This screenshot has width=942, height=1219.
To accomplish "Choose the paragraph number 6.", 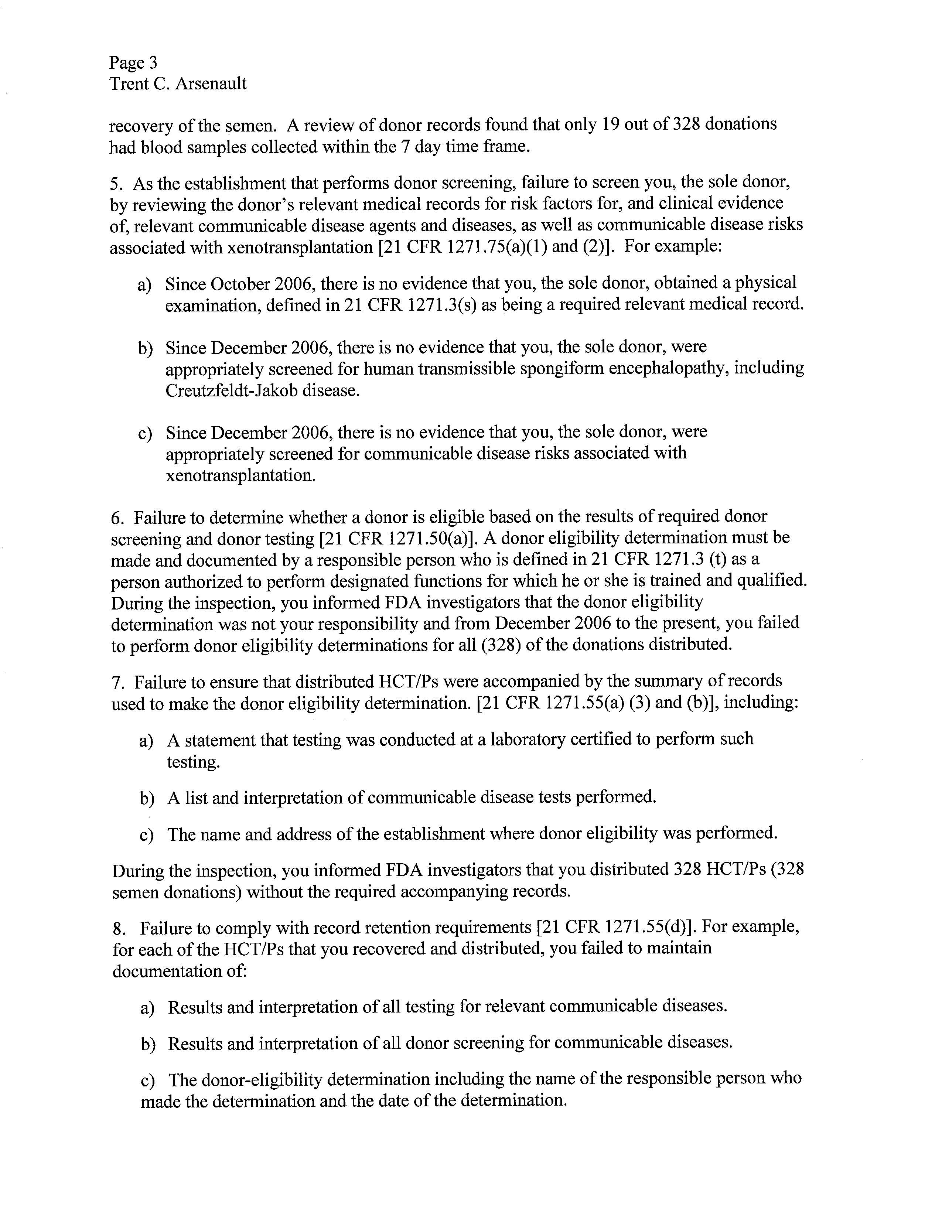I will tap(117, 518).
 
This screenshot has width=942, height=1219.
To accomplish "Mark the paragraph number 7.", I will tap(117, 682).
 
